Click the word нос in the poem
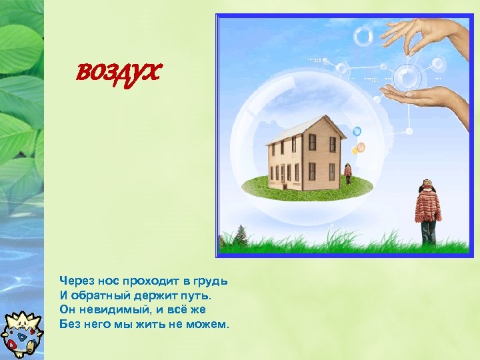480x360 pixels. [x=105, y=279]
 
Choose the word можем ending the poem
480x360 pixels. [x=207, y=325]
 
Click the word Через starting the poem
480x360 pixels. [x=75, y=279]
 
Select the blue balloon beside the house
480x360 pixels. [x=357, y=131]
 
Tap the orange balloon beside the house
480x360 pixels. [x=361, y=147]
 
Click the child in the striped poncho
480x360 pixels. [x=427, y=210]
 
